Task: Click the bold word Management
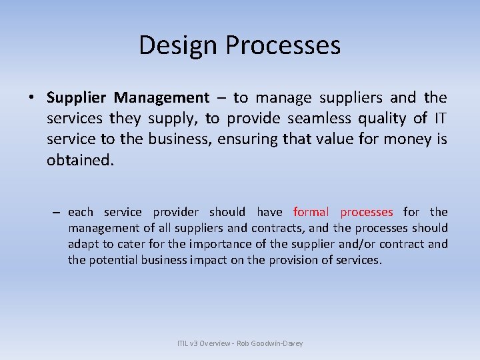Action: click(161, 98)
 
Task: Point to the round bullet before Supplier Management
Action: click(31, 98)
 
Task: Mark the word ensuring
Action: click(249, 139)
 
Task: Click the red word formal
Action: click(311, 212)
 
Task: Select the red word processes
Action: click(367, 212)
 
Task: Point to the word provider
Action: click(175, 212)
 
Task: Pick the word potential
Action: click(112, 260)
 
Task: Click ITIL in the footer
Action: click(184, 343)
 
